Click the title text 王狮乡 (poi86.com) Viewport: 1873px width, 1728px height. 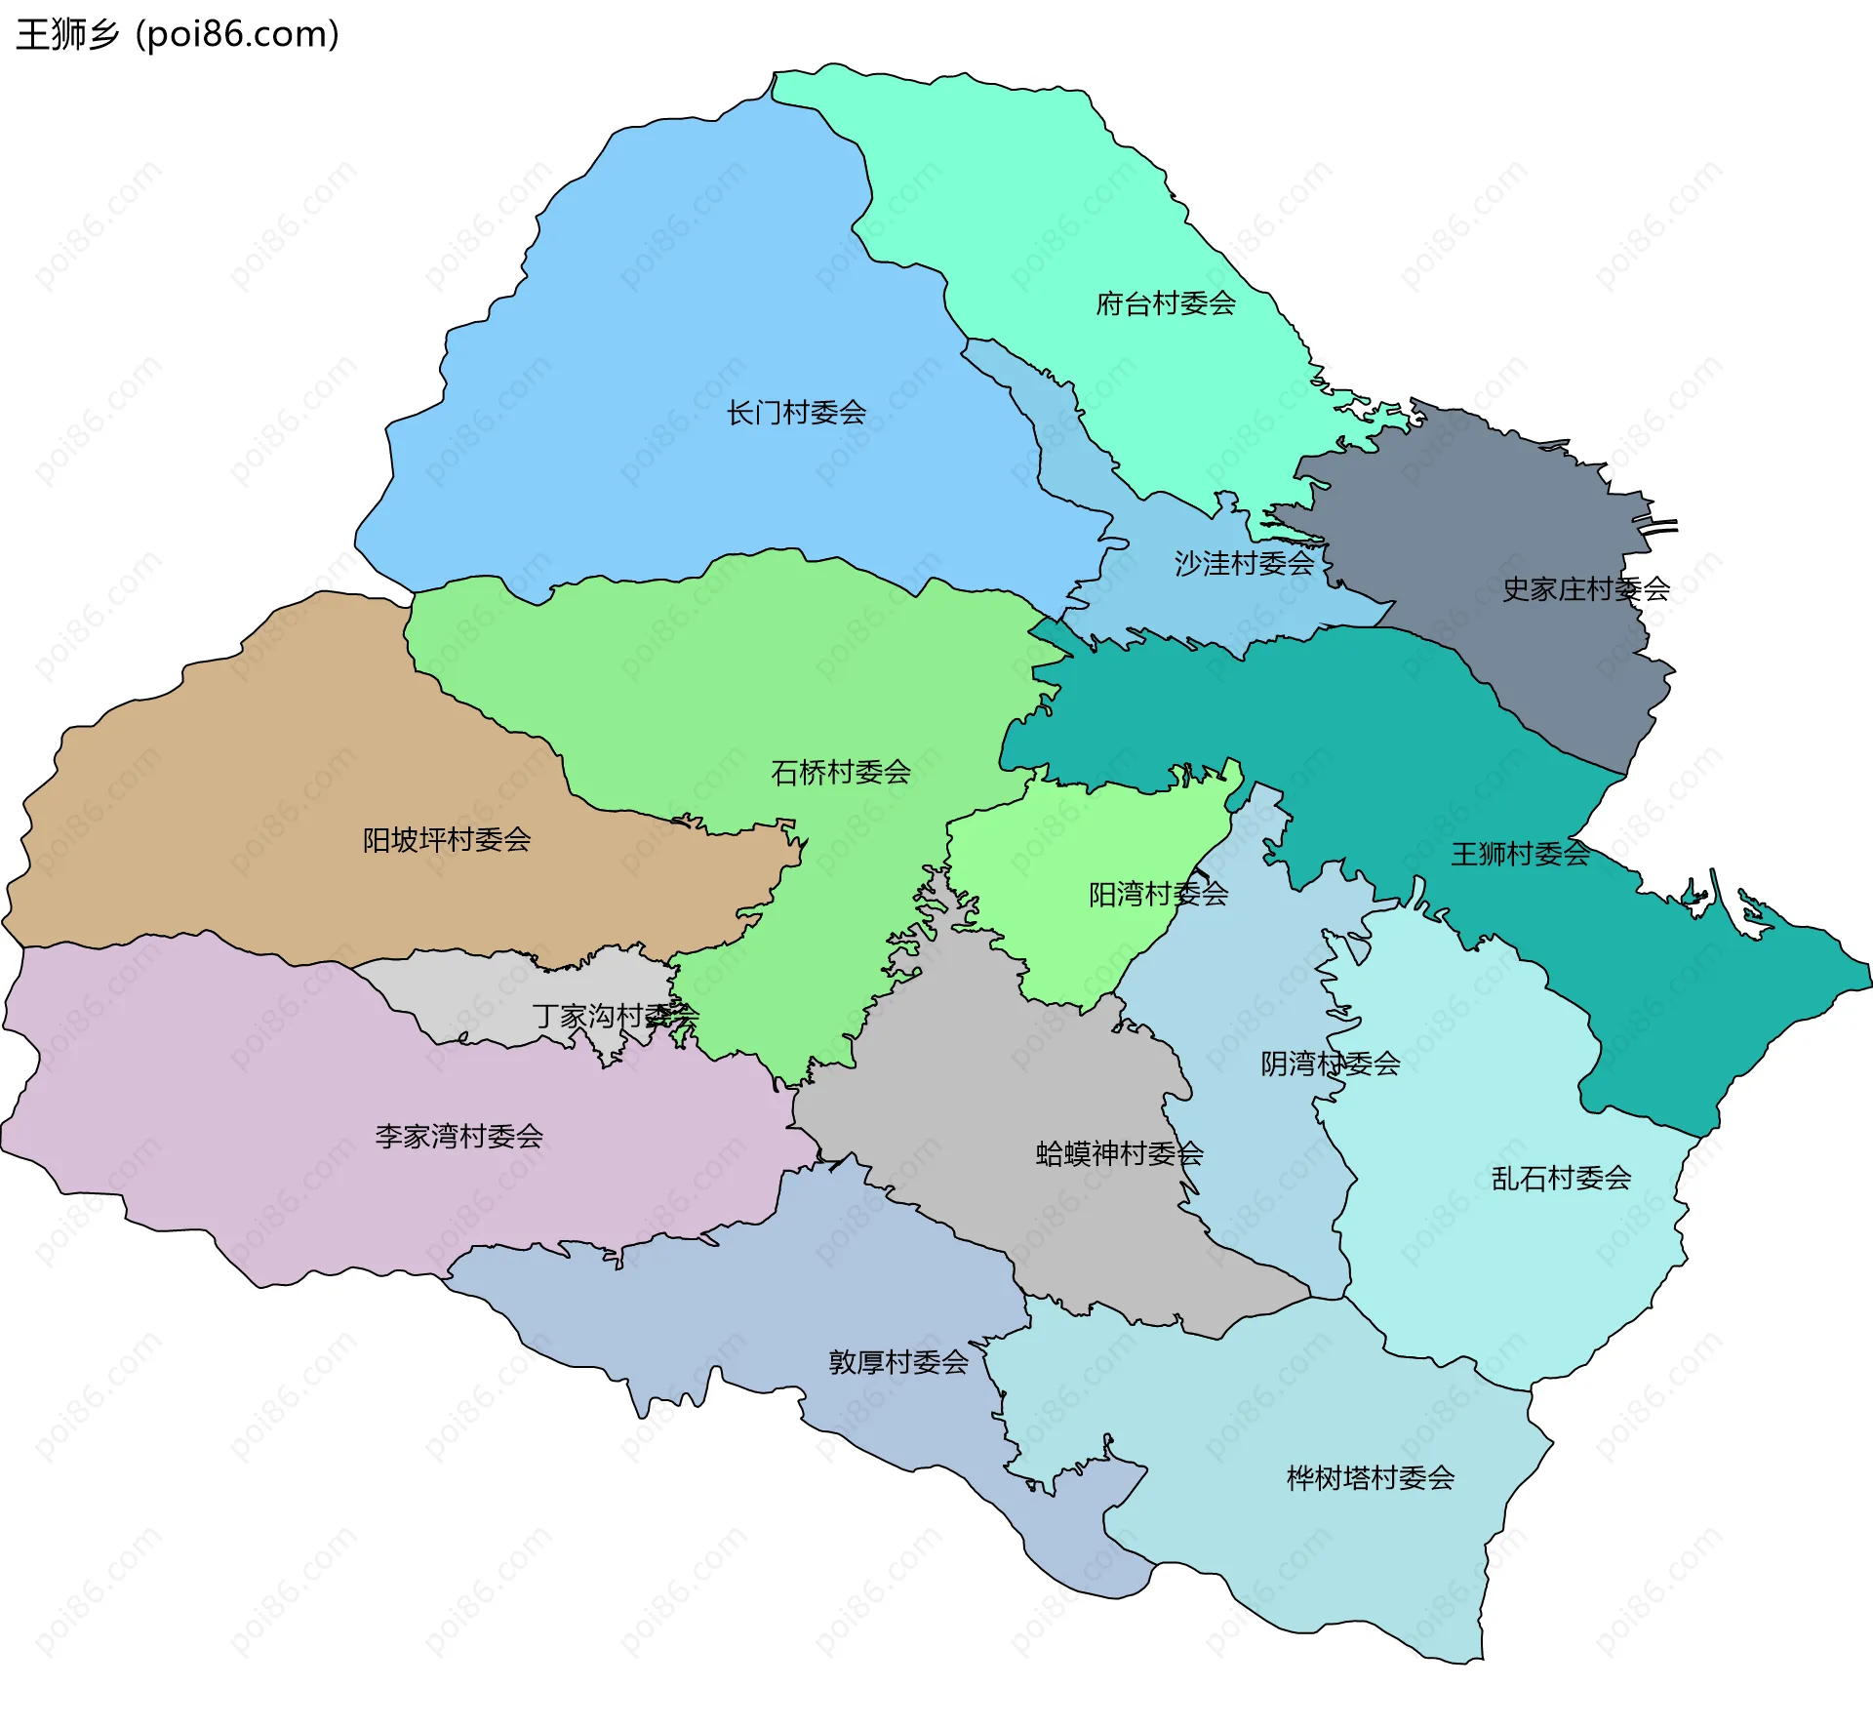[x=178, y=34]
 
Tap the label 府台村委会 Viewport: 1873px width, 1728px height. [x=1166, y=303]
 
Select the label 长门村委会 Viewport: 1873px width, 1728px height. [x=796, y=413]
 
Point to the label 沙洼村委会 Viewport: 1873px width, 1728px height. [x=1244, y=563]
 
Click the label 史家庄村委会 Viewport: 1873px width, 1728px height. [x=1585, y=588]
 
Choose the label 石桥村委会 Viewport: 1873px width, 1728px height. [x=840, y=773]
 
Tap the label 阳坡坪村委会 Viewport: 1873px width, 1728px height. [x=447, y=839]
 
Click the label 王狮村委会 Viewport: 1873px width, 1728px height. [x=1520, y=854]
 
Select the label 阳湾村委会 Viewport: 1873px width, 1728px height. [x=1158, y=894]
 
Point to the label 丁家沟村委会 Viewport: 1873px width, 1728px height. [x=616, y=1016]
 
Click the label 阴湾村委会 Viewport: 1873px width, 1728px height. [x=1330, y=1063]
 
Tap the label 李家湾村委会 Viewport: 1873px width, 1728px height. [x=458, y=1136]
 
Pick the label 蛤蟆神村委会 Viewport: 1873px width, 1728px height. [x=1119, y=1153]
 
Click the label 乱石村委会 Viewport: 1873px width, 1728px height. [x=1561, y=1178]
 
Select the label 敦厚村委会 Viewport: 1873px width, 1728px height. [x=898, y=1361]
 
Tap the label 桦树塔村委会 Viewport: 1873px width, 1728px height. [x=1370, y=1477]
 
